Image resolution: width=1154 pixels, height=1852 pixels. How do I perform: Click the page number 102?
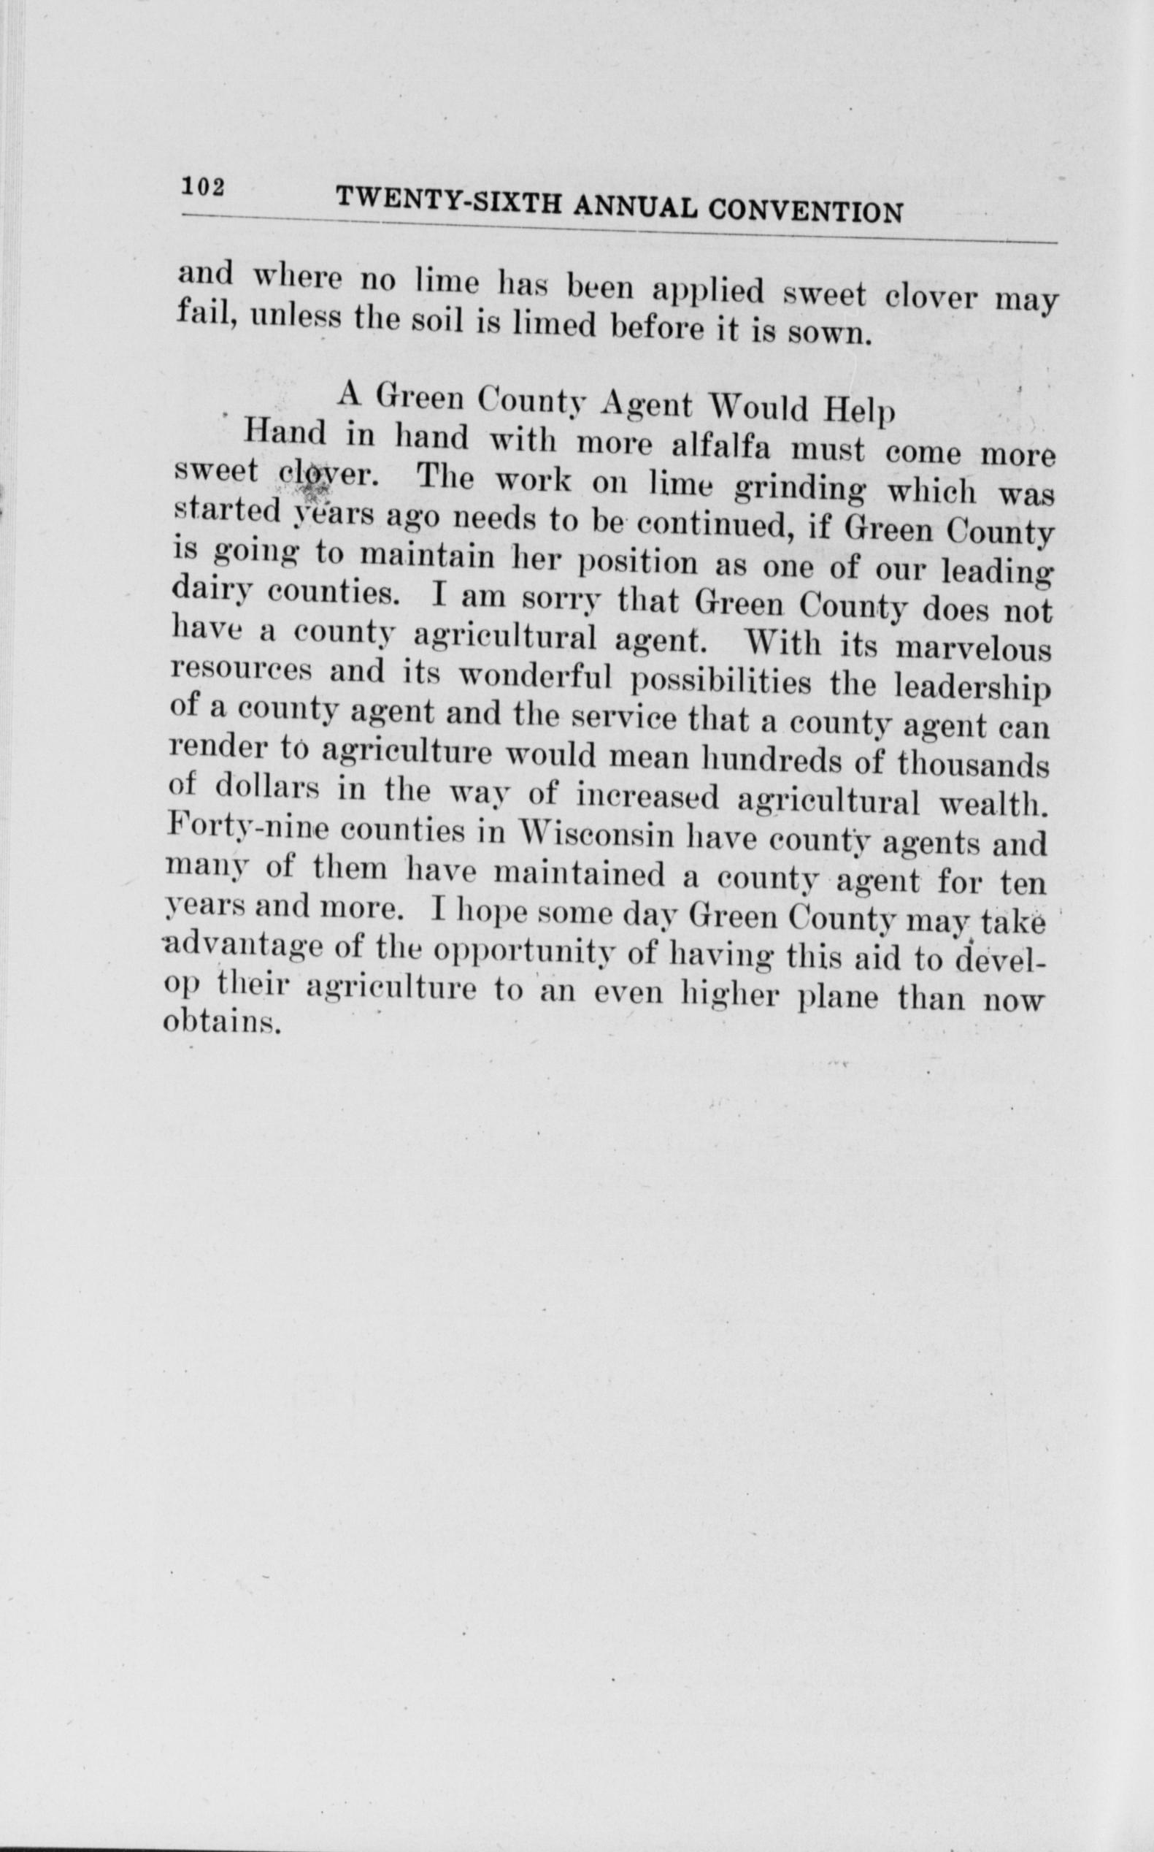click(202, 186)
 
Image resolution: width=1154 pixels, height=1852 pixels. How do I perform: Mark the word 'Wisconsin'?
click(596, 834)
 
